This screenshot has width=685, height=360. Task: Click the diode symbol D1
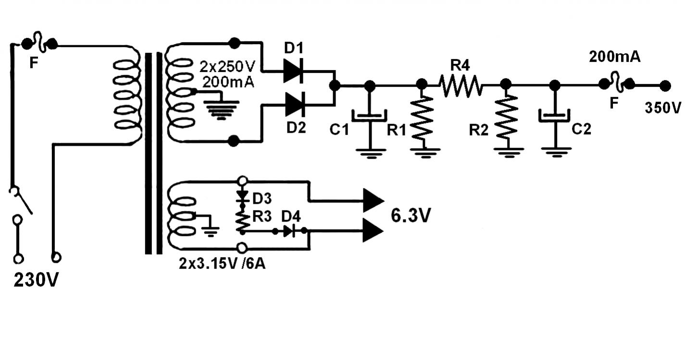293,71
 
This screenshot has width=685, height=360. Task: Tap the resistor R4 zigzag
461,86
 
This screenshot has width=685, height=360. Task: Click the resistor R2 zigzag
506,118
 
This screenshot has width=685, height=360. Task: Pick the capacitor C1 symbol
369,116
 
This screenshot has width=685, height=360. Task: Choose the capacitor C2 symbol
554,116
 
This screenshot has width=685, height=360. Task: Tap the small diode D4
289,231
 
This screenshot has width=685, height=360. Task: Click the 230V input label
36,280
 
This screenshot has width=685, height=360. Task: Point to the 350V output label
663,108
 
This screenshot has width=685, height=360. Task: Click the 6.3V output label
411,215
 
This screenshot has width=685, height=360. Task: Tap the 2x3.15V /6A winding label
222,263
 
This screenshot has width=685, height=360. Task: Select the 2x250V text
227,66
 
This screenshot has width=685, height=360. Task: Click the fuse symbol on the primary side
39,42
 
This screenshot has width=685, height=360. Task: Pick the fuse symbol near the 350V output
616,82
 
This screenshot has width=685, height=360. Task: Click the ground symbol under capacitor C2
556,152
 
